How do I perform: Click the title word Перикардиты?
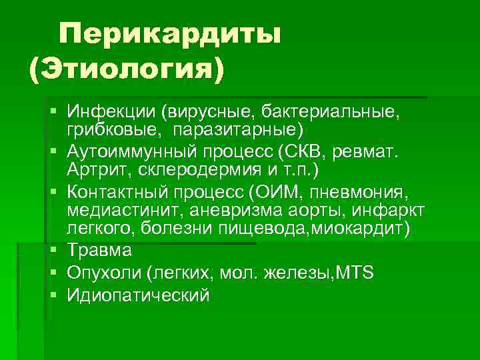[169, 34]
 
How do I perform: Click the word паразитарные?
[241, 127]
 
